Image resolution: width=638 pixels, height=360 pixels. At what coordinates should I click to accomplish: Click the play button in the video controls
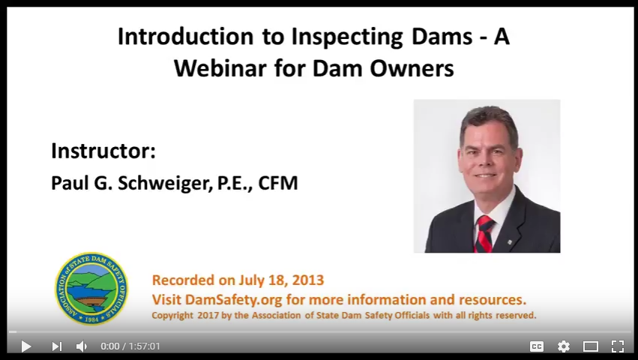pyautogui.click(x=26, y=346)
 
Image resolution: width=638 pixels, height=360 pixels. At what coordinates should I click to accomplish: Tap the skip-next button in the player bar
pyautogui.click(x=56, y=346)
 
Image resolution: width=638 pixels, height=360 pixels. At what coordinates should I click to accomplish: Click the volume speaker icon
pyautogui.click(x=82, y=346)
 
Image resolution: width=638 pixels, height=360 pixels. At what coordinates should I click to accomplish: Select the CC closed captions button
pyautogui.click(x=537, y=346)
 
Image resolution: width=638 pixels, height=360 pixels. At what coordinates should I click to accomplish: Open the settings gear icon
pyautogui.click(x=564, y=346)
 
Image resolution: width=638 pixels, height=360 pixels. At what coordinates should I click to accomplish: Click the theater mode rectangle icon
pyautogui.click(x=591, y=346)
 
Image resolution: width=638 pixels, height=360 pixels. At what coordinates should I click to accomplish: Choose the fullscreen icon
pyautogui.click(x=618, y=346)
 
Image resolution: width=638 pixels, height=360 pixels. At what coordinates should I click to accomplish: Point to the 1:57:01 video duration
pyautogui.click(x=145, y=346)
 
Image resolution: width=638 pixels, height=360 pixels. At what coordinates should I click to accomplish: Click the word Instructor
pyautogui.click(x=103, y=151)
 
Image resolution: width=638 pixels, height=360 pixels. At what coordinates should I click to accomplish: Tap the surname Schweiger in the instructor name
pyautogui.click(x=165, y=183)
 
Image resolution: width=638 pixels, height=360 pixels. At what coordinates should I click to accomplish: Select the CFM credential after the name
pyautogui.click(x=278, y=183)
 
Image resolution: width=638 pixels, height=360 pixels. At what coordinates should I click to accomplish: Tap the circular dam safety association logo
pyautogui.click(x=91, y=289)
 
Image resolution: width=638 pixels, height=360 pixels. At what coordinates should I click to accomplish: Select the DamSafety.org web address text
pyautogui.click(x=234, y=300)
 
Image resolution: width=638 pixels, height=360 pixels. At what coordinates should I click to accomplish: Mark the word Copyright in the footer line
pyautogui.click(x=172, y=316)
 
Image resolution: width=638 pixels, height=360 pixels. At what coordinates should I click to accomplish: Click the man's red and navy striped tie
pyautogui.click(x=484, y=233)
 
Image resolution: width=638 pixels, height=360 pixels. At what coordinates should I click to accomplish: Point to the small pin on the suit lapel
pyautogui.click(x=509, y=243)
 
